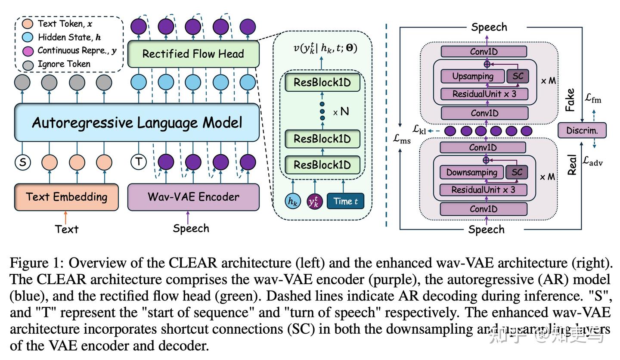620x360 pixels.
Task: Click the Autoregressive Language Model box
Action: [x=137, y=123]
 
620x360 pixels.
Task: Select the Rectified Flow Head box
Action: [x=193, y=54]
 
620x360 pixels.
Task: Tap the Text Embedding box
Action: [x=66, y=197]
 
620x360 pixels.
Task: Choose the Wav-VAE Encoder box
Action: [x=193, y=197]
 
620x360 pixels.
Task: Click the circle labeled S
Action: [x=22, y=162]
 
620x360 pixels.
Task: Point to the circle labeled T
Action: [x=139, y=162]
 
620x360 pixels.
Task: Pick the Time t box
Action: [x=345, y=201]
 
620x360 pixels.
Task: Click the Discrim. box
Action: [x=582, y=130]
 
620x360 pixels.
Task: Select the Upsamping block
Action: [x=473, y=76]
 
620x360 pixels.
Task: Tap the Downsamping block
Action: [x=471, y=172]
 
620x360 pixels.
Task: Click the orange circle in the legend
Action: [x=28, y=24]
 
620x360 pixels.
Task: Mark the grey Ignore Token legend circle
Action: [x=28, y=65]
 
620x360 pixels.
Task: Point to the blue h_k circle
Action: [x=293, y=201]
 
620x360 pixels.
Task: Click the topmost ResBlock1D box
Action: [x=322, y=82]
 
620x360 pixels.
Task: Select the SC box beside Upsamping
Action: [x=518, y=76]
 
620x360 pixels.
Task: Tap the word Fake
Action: [x=570, y=100]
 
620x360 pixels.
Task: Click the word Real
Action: [x=572, y=164]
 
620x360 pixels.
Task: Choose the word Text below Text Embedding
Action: [x=67, y=229]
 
